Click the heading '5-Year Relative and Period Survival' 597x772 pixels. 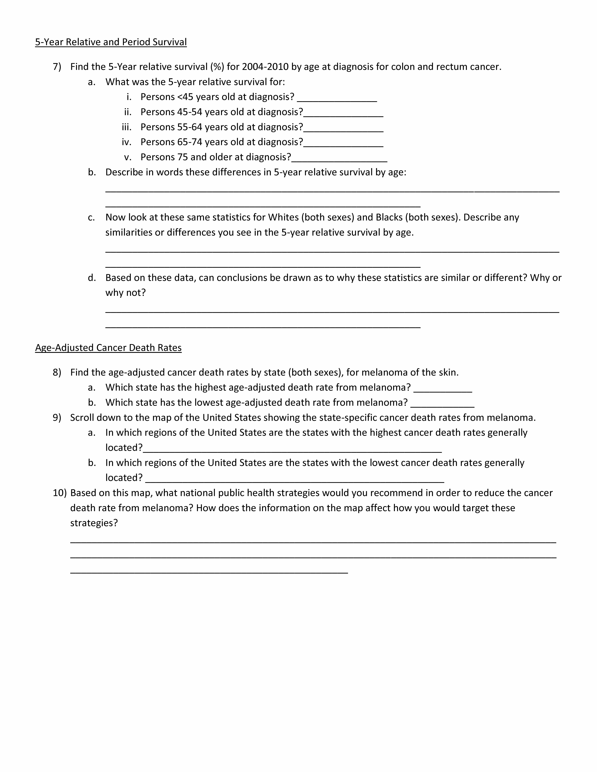point(111,42)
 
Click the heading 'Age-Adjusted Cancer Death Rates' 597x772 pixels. point(108,348)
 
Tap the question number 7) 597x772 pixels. point(57,67)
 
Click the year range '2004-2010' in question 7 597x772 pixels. point(265,67)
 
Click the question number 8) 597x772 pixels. point(57,373)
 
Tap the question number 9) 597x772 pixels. point(57,418)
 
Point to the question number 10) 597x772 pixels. point(59,493)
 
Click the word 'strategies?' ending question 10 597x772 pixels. point(94,523)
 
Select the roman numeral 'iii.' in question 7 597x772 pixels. point(126,127)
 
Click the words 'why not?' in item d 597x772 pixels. point(125,293)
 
